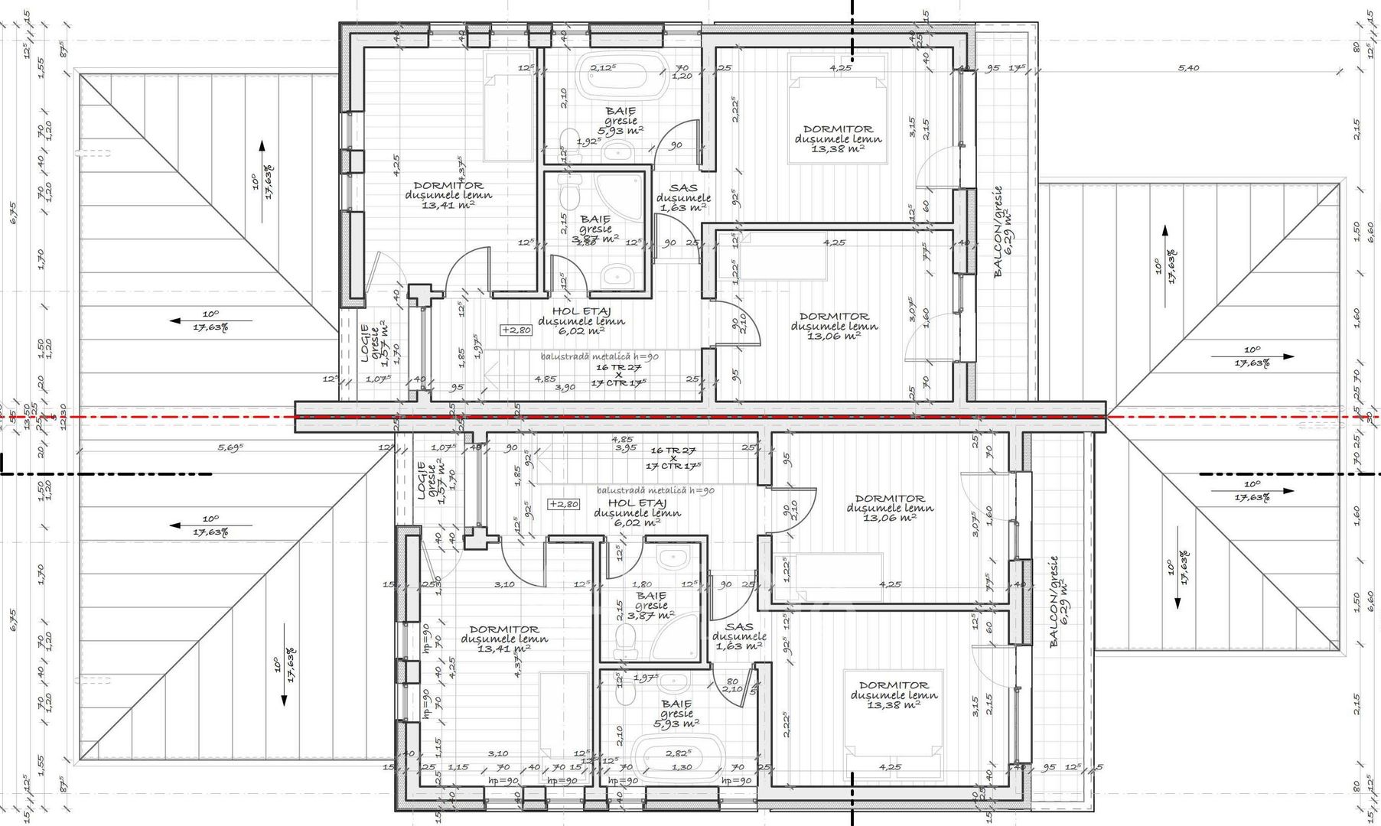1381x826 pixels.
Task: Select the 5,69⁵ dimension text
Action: (231, 447)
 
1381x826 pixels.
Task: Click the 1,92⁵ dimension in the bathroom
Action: (588, 141)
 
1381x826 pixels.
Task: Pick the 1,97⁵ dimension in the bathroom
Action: (647, 678)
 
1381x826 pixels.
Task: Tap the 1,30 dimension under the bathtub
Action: (681, 767)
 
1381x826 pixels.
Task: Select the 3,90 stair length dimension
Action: (565, 388)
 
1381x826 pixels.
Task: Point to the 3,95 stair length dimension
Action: (626, 448)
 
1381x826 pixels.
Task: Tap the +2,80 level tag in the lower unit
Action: (563, 504)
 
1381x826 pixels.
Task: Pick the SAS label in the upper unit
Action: (683, 188)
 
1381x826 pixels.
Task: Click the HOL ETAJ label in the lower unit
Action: (637, 503)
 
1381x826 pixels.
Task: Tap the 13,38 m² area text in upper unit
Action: (838, 148)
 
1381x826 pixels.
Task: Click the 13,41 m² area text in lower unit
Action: (503, 649)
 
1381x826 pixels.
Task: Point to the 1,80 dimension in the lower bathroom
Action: (643, 585)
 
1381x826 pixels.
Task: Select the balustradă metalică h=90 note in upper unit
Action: (599, 356)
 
